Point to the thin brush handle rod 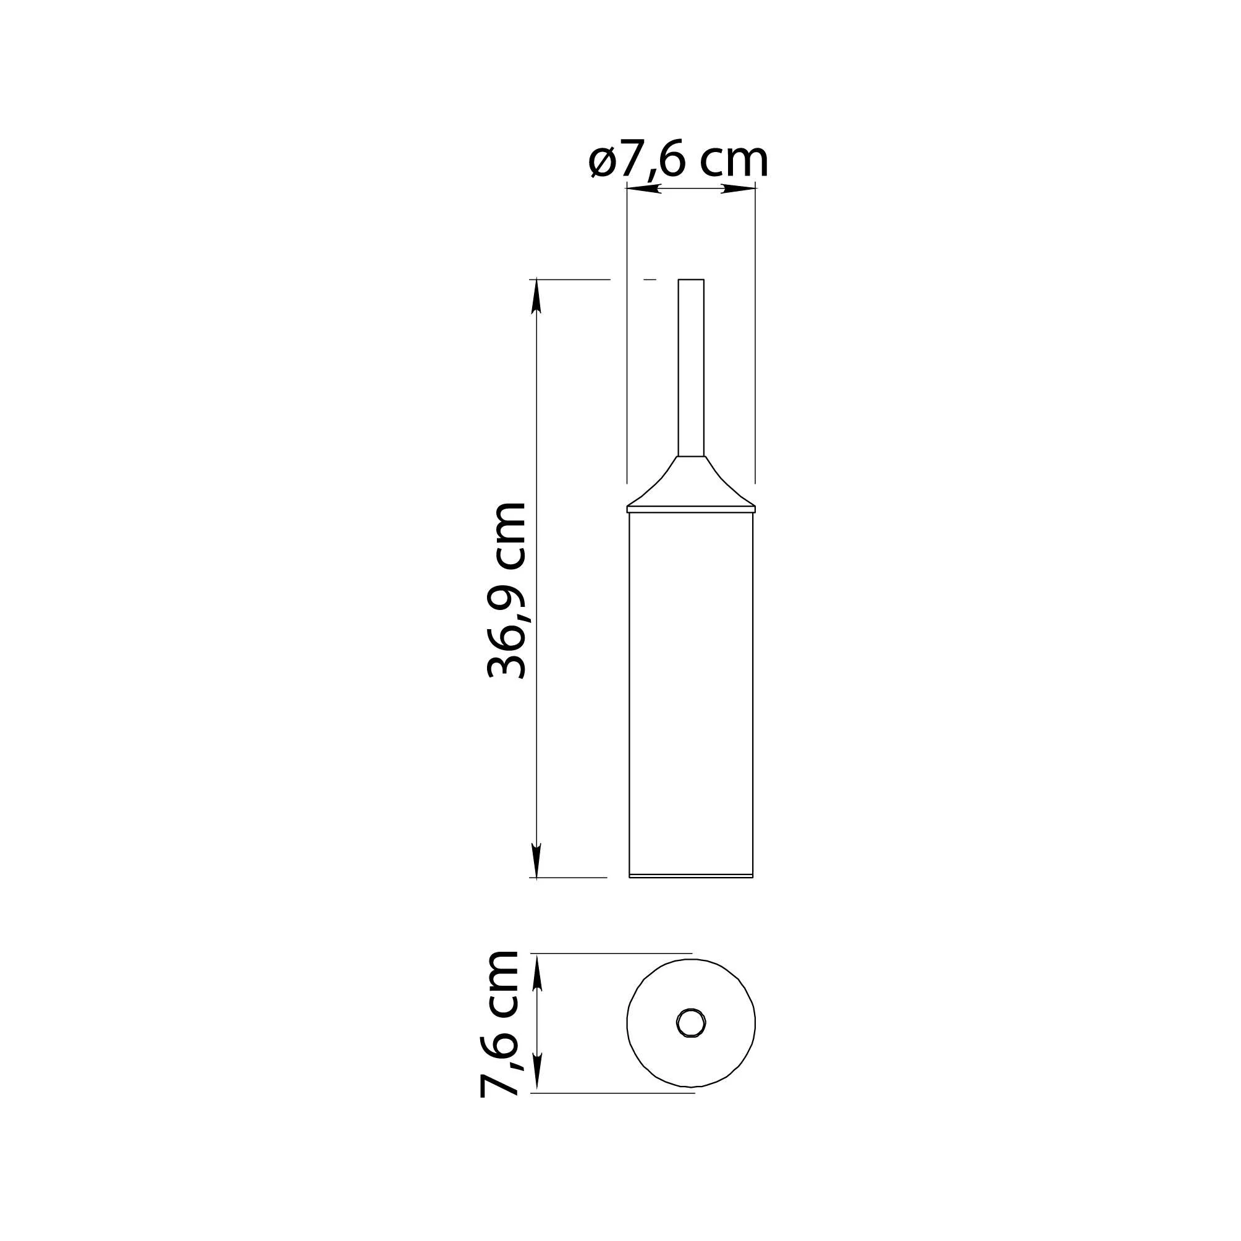[691, 368]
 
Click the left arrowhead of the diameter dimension [643, 188]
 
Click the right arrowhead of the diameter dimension [739, 188]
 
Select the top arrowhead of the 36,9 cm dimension [537, 296]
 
